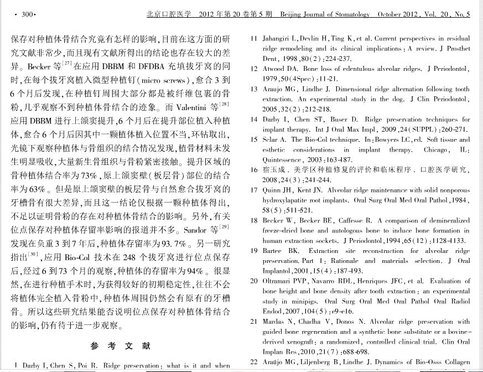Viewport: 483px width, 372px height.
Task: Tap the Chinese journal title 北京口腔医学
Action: (x=170, y=14)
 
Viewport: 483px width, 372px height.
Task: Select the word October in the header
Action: (x=391, y=14)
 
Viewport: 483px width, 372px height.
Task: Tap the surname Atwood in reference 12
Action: (x=274, y=69)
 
